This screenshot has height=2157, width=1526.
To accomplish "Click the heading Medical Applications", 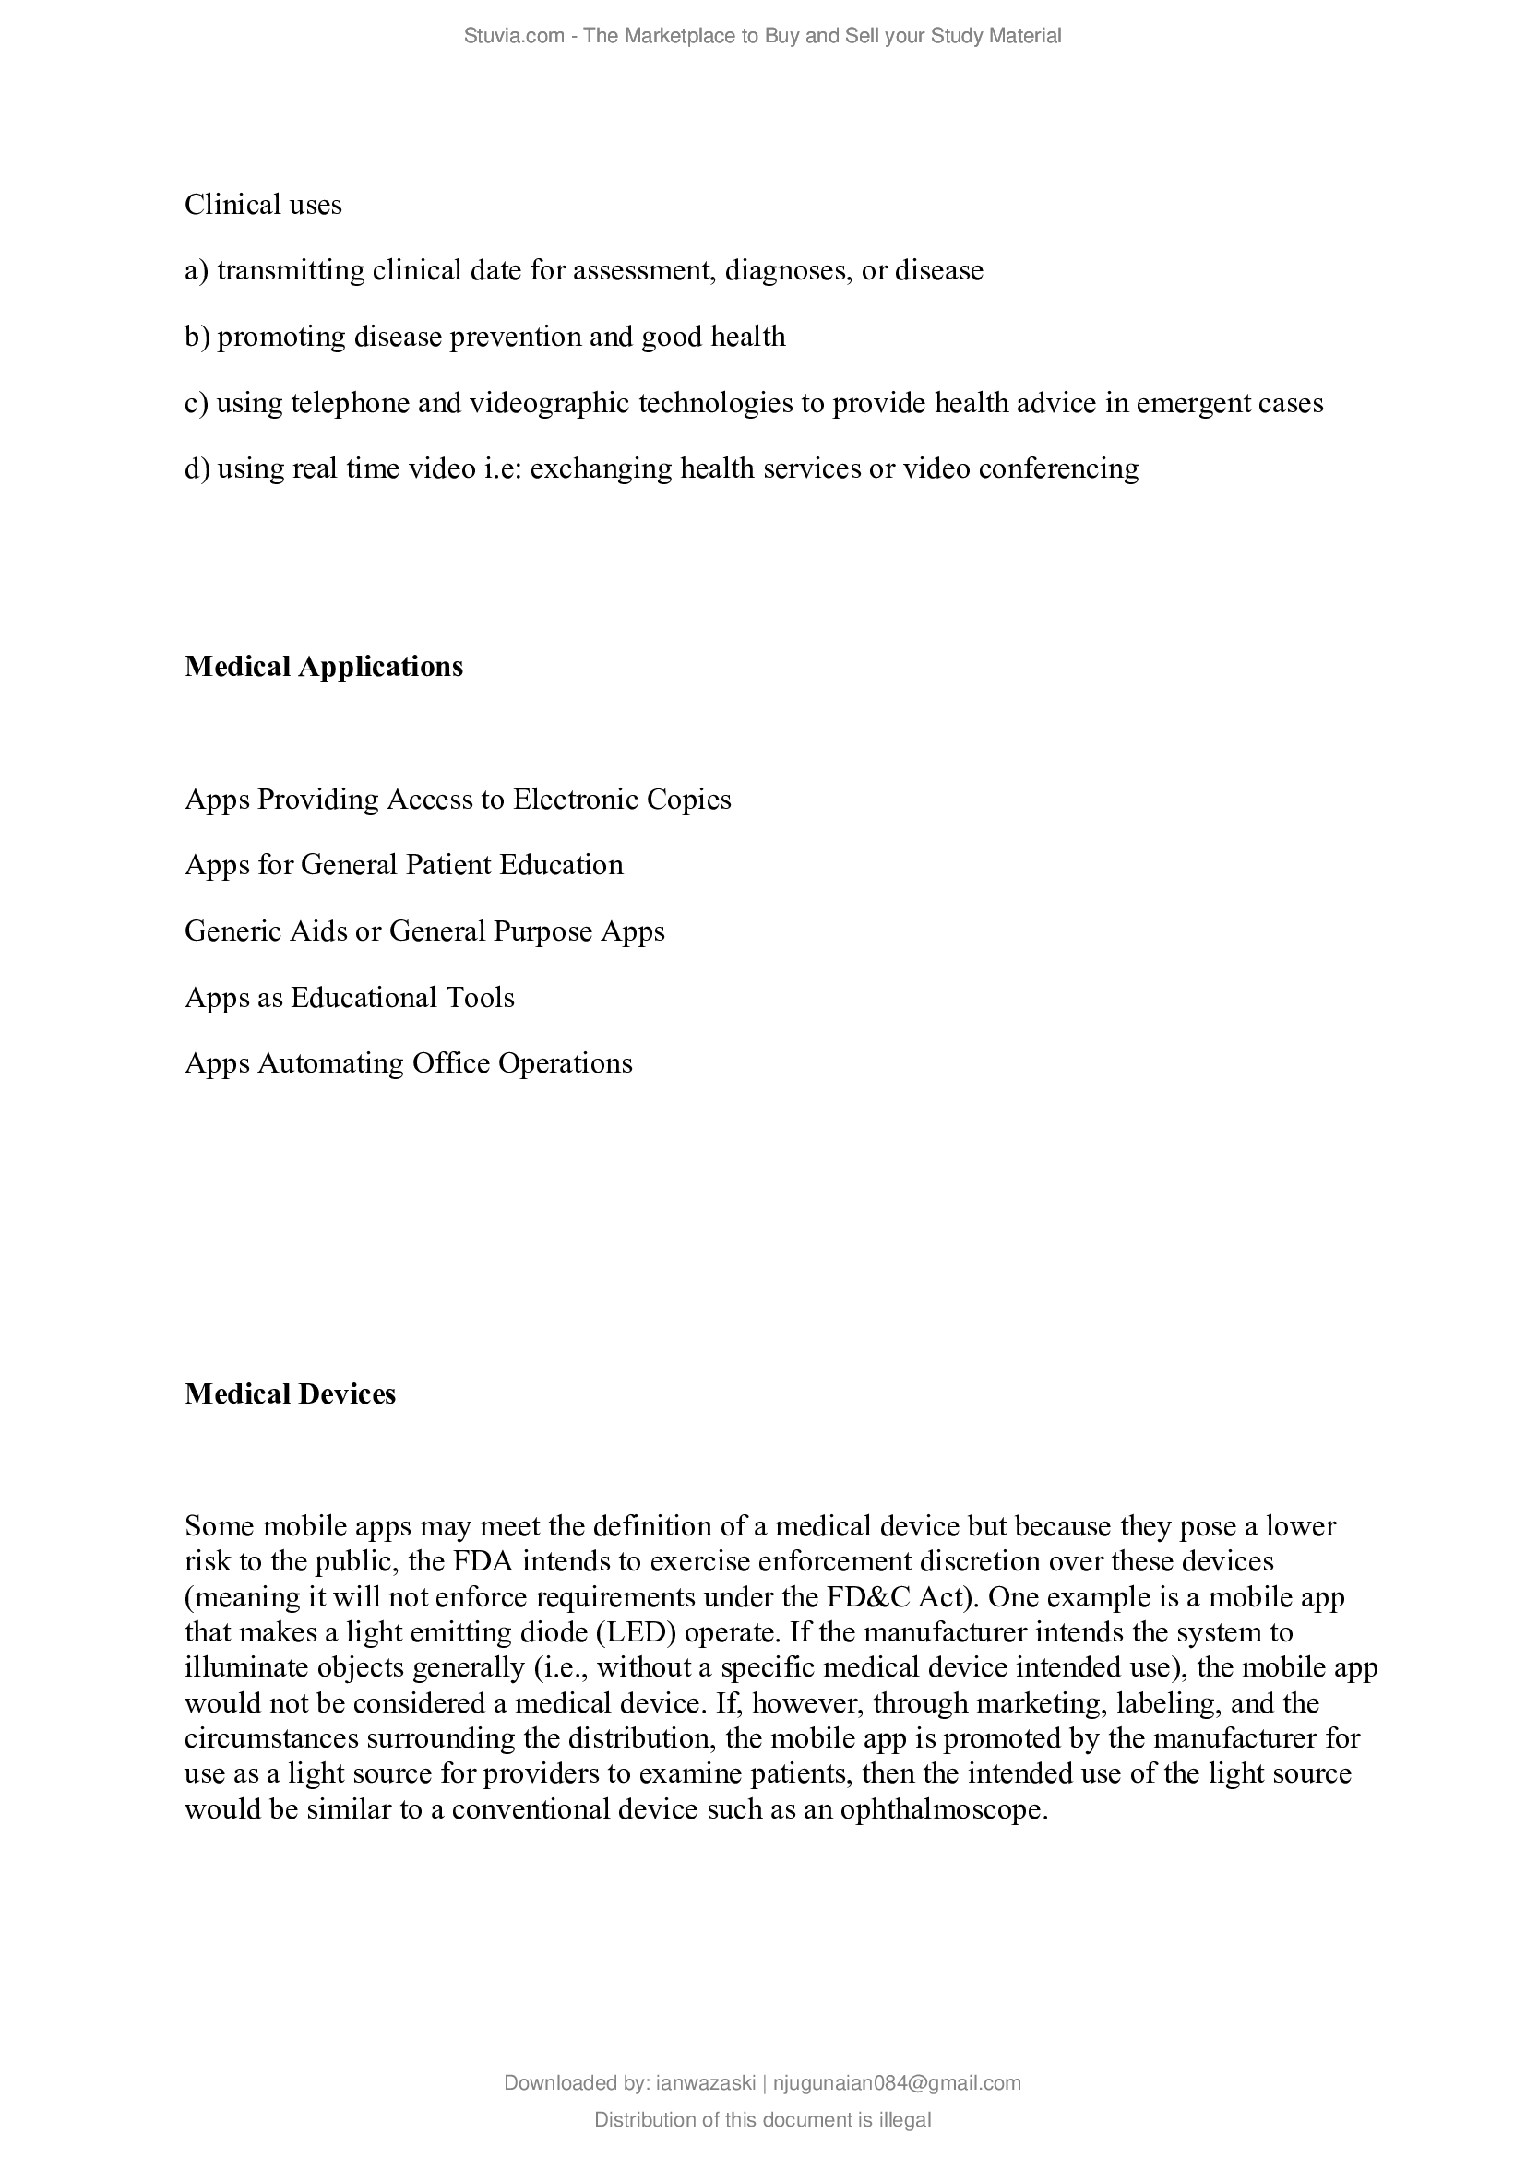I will pos(323,666).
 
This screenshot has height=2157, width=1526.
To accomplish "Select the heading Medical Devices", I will pos(290,1393).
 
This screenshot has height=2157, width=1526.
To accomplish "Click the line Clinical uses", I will pos(263,205).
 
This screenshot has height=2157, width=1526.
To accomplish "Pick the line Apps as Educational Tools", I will pos(350,997).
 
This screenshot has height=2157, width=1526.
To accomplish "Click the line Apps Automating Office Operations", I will pos(409,1062).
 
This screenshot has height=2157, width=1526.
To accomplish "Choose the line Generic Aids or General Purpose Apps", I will pos(424,931).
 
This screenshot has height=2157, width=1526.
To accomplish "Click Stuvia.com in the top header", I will pos(513,36).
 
